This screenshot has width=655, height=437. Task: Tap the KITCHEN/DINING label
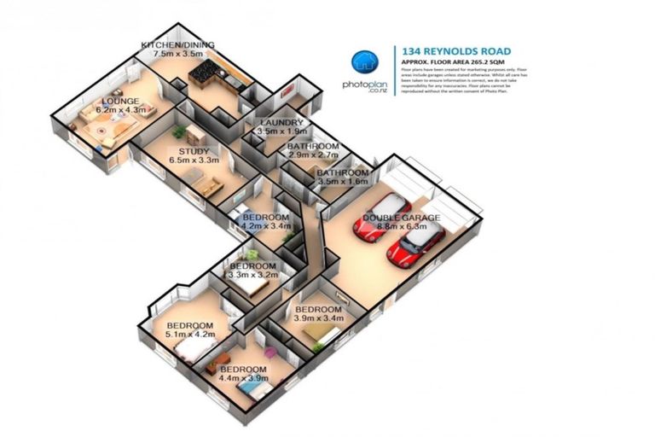coord(177,44)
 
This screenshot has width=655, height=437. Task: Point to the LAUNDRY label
coord(281,123)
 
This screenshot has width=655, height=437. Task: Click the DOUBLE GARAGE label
coord(402,218)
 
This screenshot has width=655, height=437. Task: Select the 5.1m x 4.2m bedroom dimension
coord(189,335)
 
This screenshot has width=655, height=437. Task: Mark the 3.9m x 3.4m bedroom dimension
coord(318,318)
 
